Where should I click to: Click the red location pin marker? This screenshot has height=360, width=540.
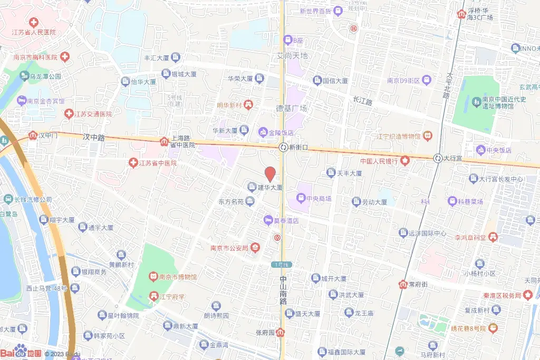coord(270,173)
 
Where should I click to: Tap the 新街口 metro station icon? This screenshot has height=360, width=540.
coord(283,148)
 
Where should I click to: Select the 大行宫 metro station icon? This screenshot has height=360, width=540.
coord(437,158)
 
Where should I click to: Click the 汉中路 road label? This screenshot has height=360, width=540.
coord(94,137)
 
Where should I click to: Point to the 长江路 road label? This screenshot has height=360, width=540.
coord(362,100)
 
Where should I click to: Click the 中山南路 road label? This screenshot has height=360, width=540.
coord(283,290)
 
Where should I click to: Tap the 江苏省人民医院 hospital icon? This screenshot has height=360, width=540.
coord(34,23)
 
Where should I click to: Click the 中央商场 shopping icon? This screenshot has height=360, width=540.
coord(301,199)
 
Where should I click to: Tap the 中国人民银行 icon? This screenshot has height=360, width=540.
coord(405,160)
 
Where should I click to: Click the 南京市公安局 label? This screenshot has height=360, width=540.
coord(229,248)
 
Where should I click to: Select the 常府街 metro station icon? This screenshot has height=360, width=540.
coord(403,285)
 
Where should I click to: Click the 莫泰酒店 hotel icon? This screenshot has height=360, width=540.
coord(268,221)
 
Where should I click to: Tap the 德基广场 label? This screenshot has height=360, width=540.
coord(292,108)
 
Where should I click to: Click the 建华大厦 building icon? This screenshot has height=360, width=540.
coord(252,187)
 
